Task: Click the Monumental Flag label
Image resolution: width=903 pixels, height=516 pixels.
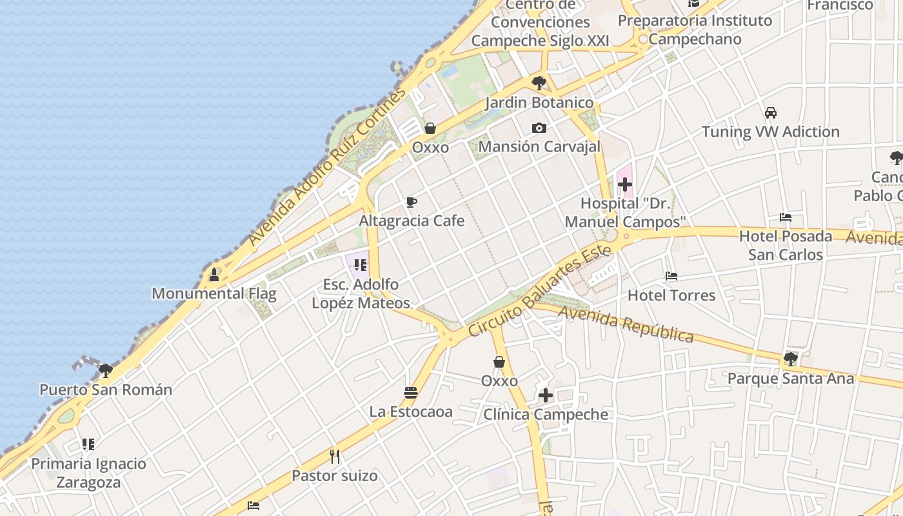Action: (x=213, y=294)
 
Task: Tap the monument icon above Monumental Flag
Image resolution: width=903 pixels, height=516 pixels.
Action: (x=214, y=275)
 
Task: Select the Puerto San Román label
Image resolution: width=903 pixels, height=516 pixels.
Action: (x=106, y=390)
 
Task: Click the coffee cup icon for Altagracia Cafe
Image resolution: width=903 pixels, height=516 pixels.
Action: (x=412, y=203)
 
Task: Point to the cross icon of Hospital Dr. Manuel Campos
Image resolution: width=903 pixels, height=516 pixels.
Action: (x=624, y=185)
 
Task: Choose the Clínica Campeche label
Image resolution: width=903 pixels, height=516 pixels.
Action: (x=546, y=414)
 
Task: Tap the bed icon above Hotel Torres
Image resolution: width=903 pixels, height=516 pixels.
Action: (x=671, y=276)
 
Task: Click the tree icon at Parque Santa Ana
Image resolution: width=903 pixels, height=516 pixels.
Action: (x=791, y=359)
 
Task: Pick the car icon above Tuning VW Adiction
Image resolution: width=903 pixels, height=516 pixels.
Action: (x=770, y=113)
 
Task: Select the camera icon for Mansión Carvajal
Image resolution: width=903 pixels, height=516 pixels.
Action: (x=539, y=128)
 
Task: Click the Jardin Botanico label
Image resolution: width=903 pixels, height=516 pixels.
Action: (x=539, y=103)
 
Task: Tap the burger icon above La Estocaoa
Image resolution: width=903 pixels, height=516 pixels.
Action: (x=411, y=392)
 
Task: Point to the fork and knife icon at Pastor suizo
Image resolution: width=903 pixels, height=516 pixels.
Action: (x=335, y=457)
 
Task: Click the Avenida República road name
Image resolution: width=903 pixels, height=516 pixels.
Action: (x=626, y=324)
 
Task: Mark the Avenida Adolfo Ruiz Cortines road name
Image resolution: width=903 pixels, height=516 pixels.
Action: (x=328, y=166)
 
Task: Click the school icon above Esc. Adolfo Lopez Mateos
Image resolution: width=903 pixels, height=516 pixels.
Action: (x=361, y=264)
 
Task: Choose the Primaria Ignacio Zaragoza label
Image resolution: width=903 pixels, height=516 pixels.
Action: (x=89, y=473)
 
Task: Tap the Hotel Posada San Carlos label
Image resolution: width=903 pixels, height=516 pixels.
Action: (x=785, y=245)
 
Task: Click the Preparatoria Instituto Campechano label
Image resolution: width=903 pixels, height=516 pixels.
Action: (x=695, y=30)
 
